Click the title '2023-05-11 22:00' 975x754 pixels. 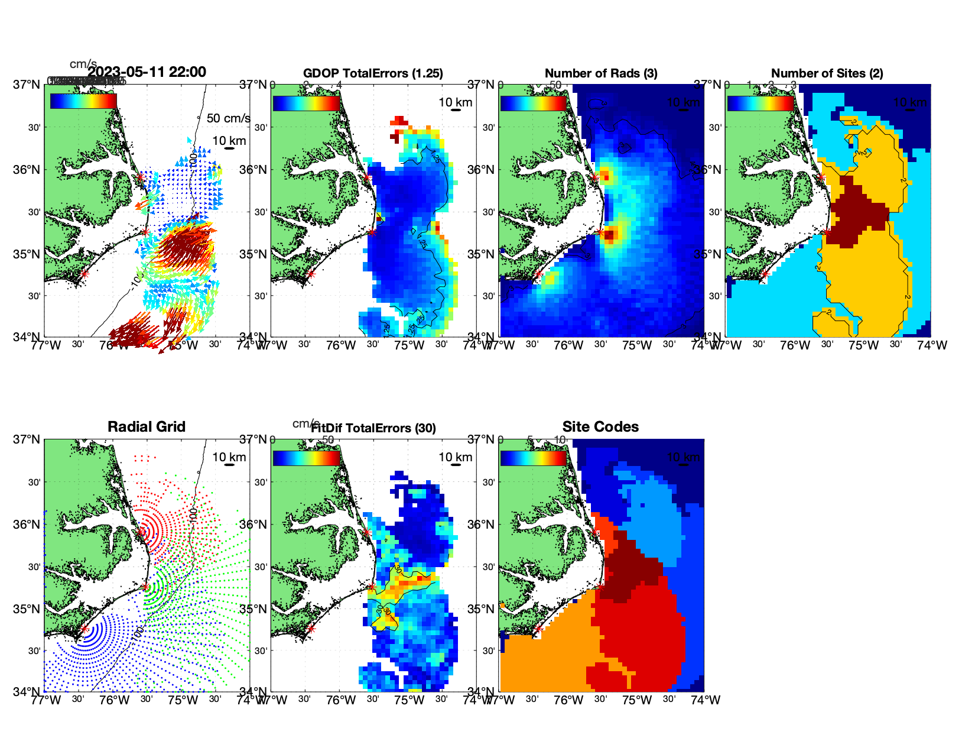147,72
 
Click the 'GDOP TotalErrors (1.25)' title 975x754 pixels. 373,73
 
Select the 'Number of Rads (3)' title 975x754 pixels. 601,73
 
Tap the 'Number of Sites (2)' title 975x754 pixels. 827,73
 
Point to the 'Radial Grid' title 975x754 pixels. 147,427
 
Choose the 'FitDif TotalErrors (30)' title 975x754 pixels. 373,428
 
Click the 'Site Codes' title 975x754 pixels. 600,427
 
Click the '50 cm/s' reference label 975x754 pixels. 228,118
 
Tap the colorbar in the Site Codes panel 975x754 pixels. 533,458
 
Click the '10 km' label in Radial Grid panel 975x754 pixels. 229,457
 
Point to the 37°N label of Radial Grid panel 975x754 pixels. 27,439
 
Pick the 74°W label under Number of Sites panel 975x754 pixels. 932,345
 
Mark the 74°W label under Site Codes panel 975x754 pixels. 706,700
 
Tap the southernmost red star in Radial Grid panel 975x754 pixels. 84,629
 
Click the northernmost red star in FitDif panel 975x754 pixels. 366,532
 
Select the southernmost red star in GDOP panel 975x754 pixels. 311,274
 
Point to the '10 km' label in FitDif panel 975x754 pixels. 455,457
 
